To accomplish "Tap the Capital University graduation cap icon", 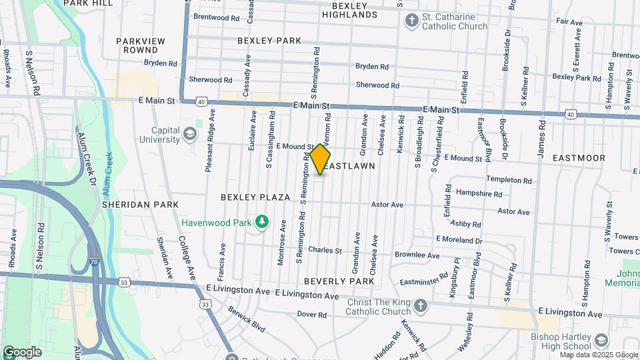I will click(x=191, y=135).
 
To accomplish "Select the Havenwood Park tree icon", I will click(x=263, y=221).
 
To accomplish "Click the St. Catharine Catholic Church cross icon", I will click(x=412, y=21).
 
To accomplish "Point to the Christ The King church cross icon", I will click(x=420, y=306).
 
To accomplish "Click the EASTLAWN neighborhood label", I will click(x=351, y=165).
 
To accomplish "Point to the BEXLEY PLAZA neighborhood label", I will click(x=256, y=197).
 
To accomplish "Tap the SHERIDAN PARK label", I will click(x=140, y=205).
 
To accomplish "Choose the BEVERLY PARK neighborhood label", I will click(x=339, y=281).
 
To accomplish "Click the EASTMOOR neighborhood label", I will click(x=579, y=158).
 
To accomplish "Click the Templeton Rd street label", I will click(x=509, y=181).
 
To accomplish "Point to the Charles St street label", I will click(x=325, y=251).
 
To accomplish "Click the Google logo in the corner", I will click(x=22, y=352).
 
